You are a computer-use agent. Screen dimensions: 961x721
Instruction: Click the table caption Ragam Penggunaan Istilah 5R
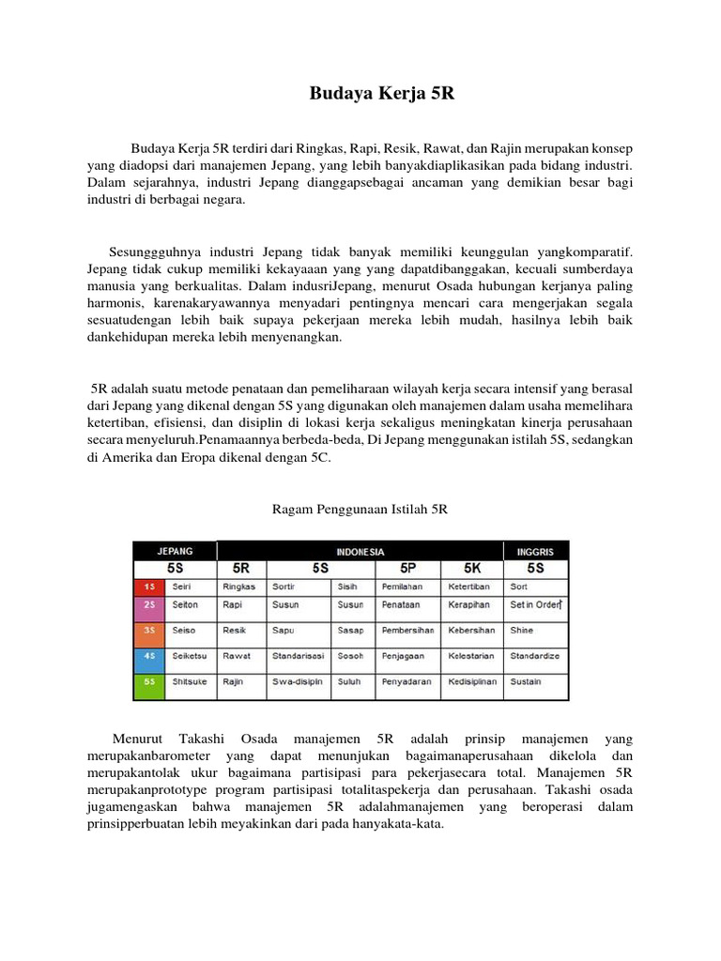360,509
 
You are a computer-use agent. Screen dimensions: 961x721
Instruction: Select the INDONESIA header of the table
360,552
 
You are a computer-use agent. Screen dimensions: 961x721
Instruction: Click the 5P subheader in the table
408,569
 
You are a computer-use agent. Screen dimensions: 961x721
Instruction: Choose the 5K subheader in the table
473,569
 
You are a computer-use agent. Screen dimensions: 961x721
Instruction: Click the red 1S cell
148,587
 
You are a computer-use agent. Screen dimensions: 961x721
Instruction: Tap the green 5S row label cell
148,682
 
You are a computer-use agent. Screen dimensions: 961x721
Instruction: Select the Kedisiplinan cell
473,682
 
